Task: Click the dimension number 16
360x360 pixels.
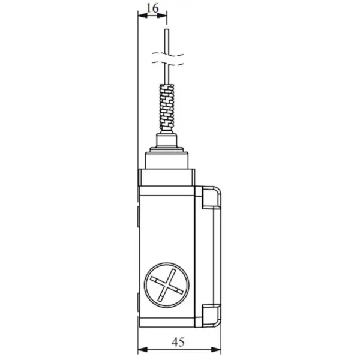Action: tap(152, 8)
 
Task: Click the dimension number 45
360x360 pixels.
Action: tap(178, 343)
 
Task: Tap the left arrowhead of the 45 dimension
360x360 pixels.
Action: tap(143, 350)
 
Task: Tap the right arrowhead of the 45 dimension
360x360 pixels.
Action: tap(216, 350)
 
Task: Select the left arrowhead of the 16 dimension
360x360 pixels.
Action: tap(143, 16)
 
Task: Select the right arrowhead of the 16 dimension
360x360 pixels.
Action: tap(162, 16)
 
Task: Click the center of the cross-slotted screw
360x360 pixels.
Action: tap(167, 285)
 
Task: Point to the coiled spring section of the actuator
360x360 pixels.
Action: tap(167, 107)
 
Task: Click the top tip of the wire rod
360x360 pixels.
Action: tap(167, 29)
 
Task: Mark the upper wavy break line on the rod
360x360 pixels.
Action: tap(168, 55)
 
